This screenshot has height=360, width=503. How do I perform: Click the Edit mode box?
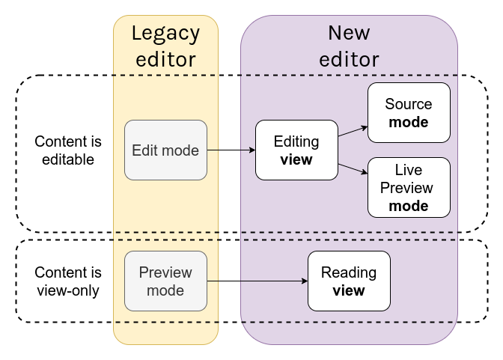pyautogui.click(x=165, y=150)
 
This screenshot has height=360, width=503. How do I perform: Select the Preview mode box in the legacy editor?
pyautogui.click(x=165, y=281)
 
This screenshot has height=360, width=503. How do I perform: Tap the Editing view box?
pyautogui.click(x=296, y=150)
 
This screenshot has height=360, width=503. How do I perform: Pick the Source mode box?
pyautogui.click(x=409, y=112)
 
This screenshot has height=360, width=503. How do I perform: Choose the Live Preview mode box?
pyautogui.click(x=409, y=187)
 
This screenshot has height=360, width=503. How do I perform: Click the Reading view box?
pyautogui.click(x=349, y=281)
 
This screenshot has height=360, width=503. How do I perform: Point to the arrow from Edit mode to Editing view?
pyautogui.click(x=231, y=150)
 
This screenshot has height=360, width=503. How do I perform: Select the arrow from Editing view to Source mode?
pyautogui.click(x=353, y=131)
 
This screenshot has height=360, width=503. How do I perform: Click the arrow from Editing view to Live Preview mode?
pyautogui.click(x=353, y=168)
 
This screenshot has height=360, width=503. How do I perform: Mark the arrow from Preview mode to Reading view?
pyautogui.click(x=257, y=281)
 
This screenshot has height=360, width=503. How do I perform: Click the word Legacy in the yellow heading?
pyautogui.click(x=166, y=34)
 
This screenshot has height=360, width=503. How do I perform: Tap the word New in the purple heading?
pyautogui.click(x=349, y=33)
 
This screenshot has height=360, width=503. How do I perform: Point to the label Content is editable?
pyautogui.click(x=68, y=150)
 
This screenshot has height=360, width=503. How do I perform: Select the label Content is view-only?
pyautogui.click(x=68, y=281)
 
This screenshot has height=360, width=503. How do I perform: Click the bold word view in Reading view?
pyautogui.click(x=349, y=290)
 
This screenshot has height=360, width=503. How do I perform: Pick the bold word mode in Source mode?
pyautogui.click(x=409, y=122)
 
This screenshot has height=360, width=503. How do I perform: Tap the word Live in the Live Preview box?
pyautogui.click(x=409, y=170)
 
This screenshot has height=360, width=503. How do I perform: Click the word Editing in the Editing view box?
pyautogui.click(x=296, y=142)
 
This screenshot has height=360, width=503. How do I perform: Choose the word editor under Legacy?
pyautogui.click(x=166, y=59)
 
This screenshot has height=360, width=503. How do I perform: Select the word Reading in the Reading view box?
pyautogui.click(x=349, y=273)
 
